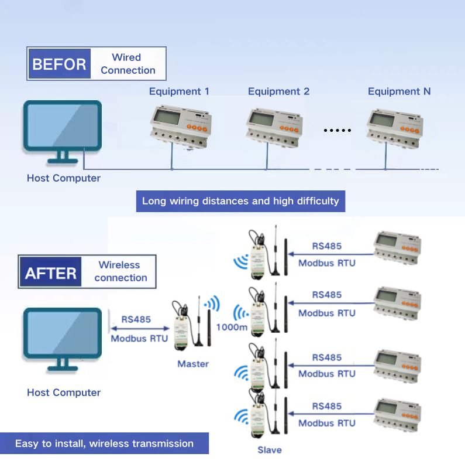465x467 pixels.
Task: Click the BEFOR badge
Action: click(x=59, y=64)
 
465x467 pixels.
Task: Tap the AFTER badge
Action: click(x=51, y=273)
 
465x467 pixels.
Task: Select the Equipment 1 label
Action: click(x=179, y=91)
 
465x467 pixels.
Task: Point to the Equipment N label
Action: click(x=399, y=91)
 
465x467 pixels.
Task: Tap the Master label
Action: click(x=193, y=364)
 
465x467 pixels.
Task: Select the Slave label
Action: click(x=269, y=450)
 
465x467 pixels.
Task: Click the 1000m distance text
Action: click(x=232, y=327)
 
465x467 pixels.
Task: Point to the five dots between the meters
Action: click(x=337, y=130)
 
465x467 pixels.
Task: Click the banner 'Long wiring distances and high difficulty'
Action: click(x=240, y=201)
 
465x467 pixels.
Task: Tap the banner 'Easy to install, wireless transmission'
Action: click(x=104, y=444)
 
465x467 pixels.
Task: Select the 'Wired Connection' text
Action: click(x=128, y=64)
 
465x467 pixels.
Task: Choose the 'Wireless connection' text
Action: click(x=120, y=271)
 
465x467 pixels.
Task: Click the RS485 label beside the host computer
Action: click(x=136, y=319)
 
